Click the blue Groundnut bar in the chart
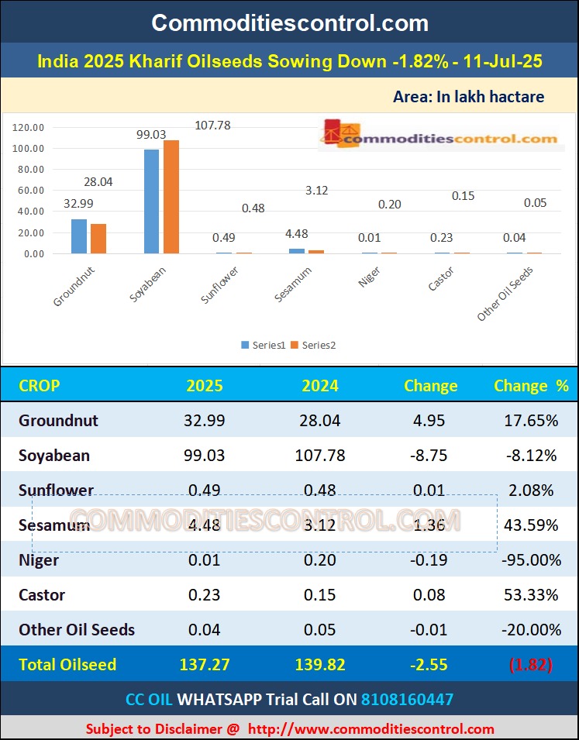pyautogui.click(x=79, y=236)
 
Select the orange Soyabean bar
pyautogui.click(x=171, y=197)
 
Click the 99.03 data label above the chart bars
pyautogui.click(x=151, y=134)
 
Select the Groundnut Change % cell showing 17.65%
pyautogui.click(x=531, y=421)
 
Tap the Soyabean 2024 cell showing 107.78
pyautogui.click(x=320, y=456)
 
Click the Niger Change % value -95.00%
pyautogui.click(x=531, y=560)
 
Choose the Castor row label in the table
pyautogui.click(x=42, y=595)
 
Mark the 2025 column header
pyautogui.click(x=205, y=386)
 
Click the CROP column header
pyautogui.click(x=39, y=386)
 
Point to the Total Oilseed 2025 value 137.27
pyautogui.click(x=205, y=665)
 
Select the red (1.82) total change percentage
pyautogui.click(x=531, y=665)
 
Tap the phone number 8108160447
pyautogui.click(x=407, y=700)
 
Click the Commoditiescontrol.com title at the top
pyautogui.click(x=289, y=22)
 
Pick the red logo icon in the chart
pyautogui.click(x=332, y=133)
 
